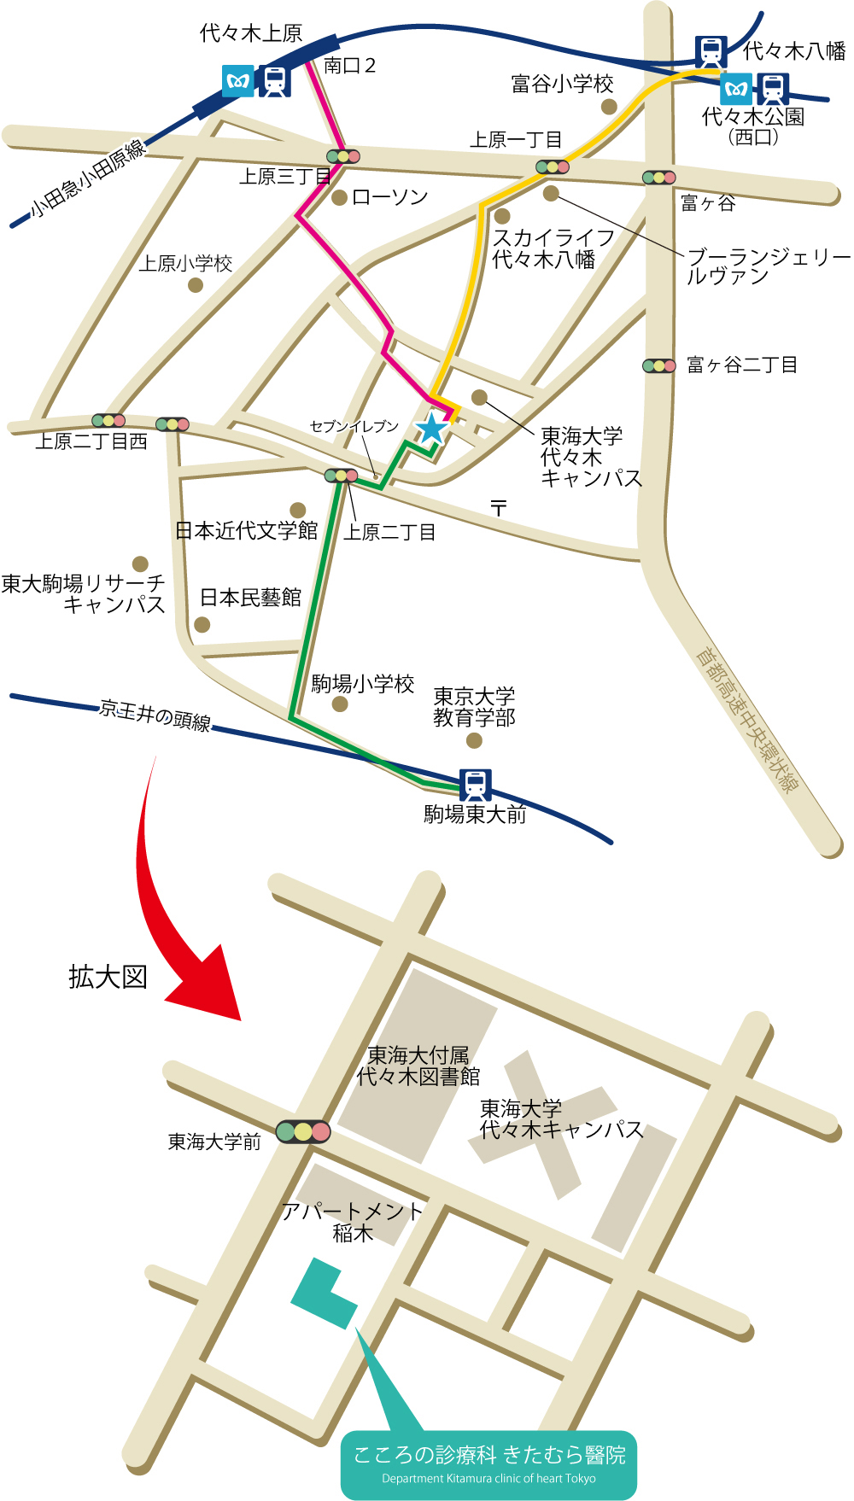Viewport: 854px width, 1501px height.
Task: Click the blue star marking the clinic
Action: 431,428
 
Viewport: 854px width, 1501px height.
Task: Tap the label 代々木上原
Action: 250,33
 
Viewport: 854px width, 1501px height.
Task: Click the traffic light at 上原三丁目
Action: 342,156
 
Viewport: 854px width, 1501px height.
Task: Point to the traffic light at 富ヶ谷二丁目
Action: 658,365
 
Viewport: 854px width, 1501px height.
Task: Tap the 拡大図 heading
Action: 108,977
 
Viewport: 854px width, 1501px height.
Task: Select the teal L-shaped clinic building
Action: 322,1294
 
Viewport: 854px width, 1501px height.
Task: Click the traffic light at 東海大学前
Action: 303,1132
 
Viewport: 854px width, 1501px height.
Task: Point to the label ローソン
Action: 389,197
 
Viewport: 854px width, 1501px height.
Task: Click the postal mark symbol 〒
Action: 499,508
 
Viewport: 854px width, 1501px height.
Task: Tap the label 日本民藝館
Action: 250,598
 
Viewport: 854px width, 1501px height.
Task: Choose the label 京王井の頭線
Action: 155,715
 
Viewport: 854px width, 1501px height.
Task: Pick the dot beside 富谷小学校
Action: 609,107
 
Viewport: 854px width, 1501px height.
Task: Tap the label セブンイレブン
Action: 354,426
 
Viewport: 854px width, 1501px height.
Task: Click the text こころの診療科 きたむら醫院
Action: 489,1454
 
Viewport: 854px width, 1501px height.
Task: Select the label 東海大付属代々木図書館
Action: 418,1066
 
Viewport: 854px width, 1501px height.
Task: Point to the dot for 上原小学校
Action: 196,285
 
